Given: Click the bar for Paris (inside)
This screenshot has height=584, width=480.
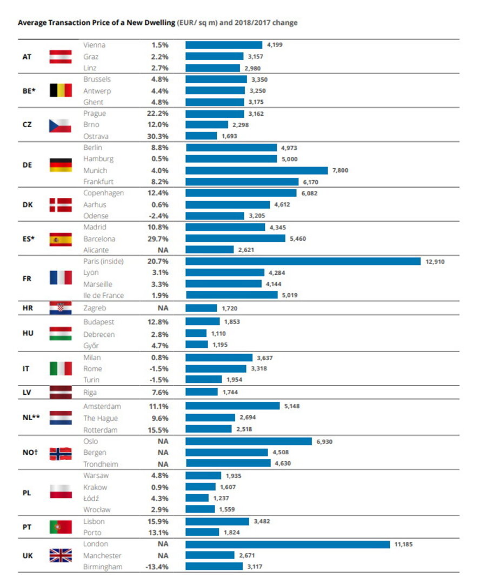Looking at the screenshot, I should tap(303, 261).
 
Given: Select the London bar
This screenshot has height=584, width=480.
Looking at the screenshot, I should tap(288, 544).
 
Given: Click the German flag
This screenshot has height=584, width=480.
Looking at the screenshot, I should tap(61, 164).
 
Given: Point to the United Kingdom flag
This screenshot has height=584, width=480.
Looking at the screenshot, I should tap(61, 555).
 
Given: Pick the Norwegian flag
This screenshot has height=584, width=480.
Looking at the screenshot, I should tap(61, 453).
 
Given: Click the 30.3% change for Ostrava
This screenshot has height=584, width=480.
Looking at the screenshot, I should tap(160, 136).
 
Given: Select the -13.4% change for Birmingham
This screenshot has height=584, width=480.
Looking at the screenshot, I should tap(158, 567).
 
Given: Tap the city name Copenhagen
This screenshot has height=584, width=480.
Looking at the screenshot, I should tap(104, 193).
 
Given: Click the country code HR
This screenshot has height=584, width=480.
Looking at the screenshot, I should tap(27, 308).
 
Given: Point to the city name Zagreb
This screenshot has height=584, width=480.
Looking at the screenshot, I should tap(95, 308).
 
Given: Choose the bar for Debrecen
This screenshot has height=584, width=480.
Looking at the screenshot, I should tap(196, 334).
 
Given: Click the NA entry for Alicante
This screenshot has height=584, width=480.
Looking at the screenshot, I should tap(163, 250).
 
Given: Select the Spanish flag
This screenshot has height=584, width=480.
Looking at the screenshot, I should tap(61, 238).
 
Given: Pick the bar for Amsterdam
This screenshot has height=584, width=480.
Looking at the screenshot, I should tap(232, 406).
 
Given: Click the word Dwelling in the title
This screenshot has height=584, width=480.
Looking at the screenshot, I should tap(157, 23).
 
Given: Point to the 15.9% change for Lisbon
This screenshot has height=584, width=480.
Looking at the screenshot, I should tap(160, 521).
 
